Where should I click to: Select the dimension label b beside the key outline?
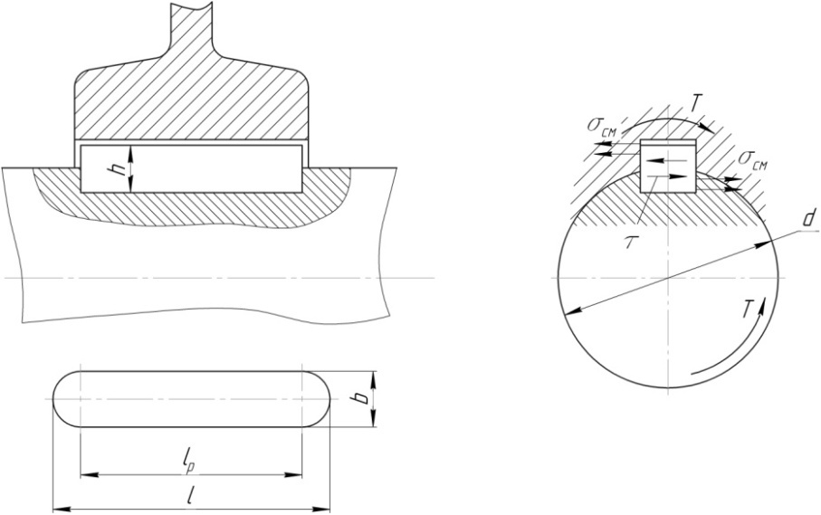361,399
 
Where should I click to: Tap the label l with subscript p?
189,463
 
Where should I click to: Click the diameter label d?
809,218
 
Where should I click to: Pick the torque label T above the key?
694,104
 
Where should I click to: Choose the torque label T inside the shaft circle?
749,310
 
